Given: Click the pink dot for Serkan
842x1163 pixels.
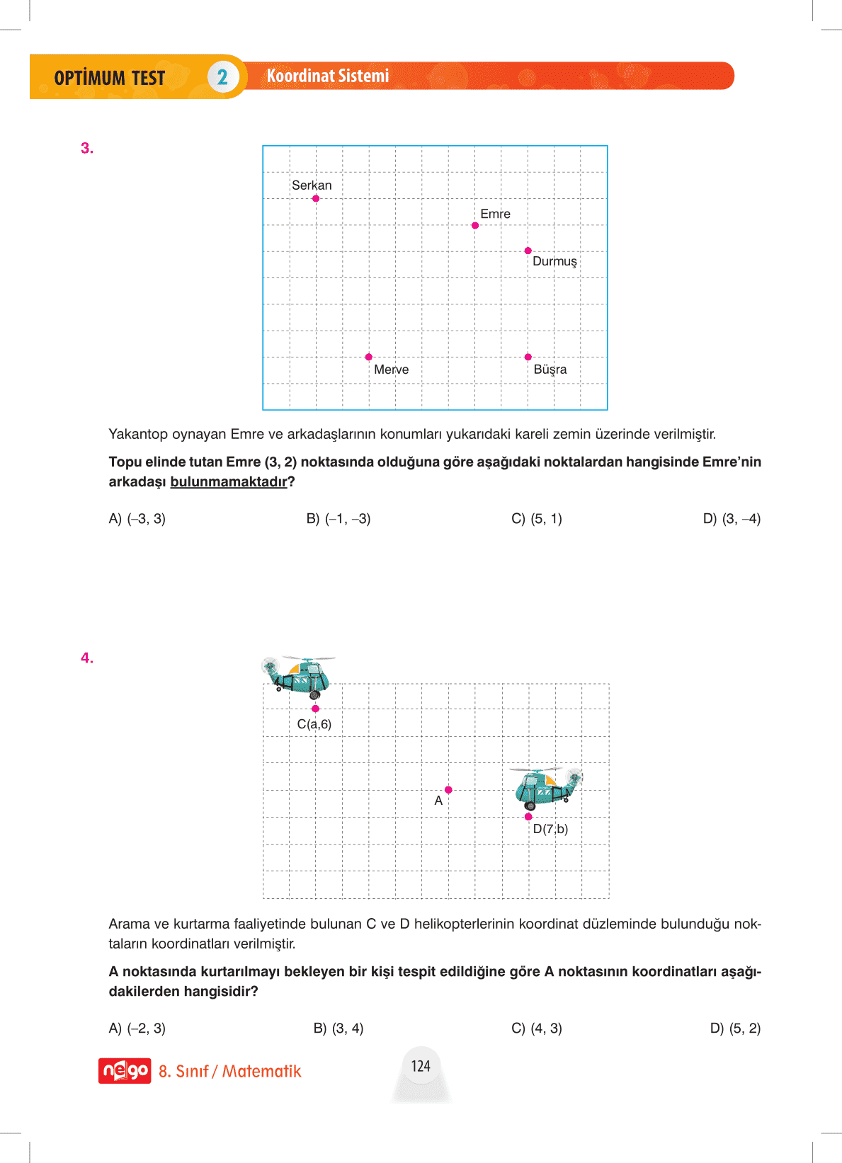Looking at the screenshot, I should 316,198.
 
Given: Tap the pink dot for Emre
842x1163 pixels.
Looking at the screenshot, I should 475,225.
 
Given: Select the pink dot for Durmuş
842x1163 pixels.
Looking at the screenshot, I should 528,251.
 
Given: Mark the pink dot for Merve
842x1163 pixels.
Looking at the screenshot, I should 369,357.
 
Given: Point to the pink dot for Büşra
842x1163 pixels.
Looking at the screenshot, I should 528,357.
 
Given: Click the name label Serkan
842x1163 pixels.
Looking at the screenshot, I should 312,185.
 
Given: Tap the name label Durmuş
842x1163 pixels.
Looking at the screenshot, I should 554,261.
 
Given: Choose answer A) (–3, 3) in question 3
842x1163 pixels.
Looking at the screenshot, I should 137,519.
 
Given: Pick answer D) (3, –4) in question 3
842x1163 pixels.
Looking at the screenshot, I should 732,519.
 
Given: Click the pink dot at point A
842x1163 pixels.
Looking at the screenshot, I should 448,790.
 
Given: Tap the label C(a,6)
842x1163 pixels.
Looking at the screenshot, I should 314,724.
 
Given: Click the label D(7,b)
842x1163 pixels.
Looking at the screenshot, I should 550,829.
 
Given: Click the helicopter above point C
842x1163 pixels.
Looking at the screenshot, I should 299,675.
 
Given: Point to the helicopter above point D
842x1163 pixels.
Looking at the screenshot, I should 546,787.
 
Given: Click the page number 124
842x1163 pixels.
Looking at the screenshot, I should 421,1066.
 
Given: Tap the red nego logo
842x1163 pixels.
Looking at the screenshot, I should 125,1071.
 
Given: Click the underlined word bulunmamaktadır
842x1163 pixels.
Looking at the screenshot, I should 229,482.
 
